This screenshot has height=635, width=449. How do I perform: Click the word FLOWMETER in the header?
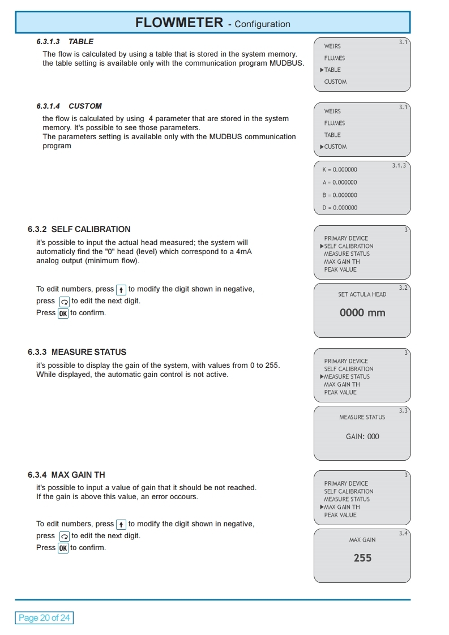(179, 23)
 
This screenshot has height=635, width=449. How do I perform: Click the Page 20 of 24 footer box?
(44, 617)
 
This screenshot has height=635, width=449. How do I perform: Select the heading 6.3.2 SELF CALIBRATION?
(79, 229)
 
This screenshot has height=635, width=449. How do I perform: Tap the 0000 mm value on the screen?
(362, 312)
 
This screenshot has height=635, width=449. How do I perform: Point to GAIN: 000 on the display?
(362, 436)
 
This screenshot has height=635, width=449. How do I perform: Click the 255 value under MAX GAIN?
(362, 558)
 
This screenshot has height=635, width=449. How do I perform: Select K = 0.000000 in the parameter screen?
(340, 170)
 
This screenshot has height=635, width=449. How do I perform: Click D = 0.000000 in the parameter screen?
(340, 208)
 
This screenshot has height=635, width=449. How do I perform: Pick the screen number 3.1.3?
(399, 166)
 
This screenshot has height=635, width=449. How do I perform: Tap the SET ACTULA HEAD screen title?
(362, 294)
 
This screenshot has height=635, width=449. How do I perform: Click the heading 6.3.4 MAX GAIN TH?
(66, 475)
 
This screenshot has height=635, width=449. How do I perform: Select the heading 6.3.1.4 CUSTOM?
(69, 106)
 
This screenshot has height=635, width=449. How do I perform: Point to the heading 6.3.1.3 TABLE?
(65, 41)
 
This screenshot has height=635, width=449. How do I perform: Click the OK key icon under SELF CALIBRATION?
(63, 313)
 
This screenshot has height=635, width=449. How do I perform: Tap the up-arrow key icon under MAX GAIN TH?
(121, 524)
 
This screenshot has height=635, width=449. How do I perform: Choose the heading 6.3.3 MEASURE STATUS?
(77, 352)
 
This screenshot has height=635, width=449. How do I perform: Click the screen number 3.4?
(403, 534)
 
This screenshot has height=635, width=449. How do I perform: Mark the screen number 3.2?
(403, 288)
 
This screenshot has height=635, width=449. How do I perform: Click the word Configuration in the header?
(262, 24)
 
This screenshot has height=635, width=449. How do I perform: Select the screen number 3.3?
(403, 411)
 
